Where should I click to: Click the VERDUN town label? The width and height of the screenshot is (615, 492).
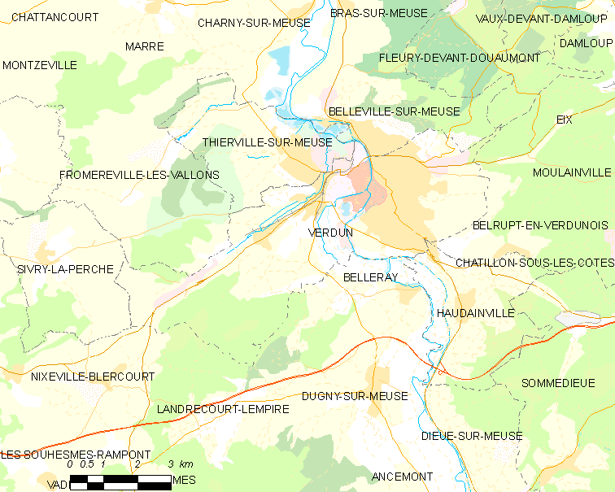tap(331, 233)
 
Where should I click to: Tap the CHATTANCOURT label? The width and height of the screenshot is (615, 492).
tap(55, 17)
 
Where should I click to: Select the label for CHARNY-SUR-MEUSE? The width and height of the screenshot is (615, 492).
tap(254, 23)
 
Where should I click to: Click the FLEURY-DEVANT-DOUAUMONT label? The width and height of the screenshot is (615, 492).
tap(460, 58)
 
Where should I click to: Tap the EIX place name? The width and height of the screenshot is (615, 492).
tap(565, 120)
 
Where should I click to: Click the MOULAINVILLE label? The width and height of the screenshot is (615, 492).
tap(572, 172)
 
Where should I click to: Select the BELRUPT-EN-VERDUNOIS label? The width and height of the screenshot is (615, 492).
tap(540, 224)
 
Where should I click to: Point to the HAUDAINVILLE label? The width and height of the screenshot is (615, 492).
tap(475, 312)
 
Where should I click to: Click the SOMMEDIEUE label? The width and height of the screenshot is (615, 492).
tap(558, 383)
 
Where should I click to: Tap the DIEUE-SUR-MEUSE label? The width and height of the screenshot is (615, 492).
tap(472, 436)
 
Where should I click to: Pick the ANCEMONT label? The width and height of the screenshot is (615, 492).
tap(402, 476)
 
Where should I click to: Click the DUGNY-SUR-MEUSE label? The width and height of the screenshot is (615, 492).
tap(355, 396)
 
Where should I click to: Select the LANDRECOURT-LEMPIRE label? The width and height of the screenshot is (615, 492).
tap(222, 409)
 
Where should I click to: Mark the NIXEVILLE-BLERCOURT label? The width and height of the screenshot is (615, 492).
tap(92, 377)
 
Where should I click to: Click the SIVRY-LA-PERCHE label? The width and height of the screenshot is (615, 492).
tap(64, 268)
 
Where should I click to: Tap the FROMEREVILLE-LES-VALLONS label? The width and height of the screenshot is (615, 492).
tap(139, 175)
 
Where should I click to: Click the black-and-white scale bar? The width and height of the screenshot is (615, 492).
tap(120, 481)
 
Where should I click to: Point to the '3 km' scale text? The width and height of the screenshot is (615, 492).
tap(181, 464)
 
